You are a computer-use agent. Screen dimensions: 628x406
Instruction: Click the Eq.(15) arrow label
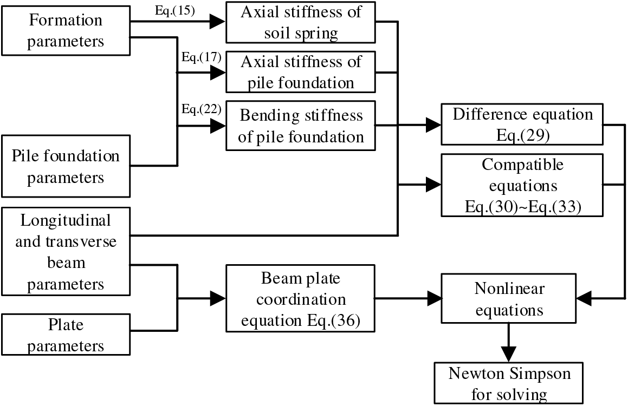175,11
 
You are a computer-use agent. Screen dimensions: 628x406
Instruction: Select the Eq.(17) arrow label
202,57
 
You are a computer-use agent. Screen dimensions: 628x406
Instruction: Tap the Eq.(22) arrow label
202,109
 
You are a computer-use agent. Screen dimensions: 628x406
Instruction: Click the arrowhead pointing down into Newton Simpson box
509,355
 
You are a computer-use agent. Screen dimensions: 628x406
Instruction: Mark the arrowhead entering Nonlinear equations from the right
584,298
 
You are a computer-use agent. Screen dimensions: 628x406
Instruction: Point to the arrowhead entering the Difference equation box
433,125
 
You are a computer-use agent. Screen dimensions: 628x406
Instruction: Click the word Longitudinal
66,221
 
